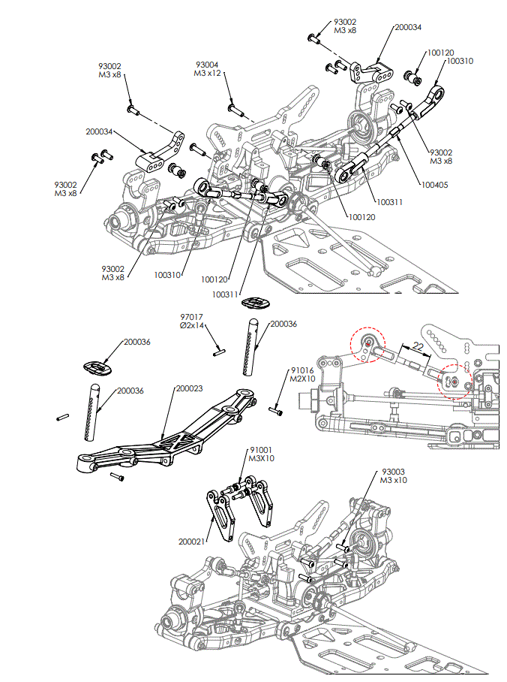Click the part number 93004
(x=208, y=65)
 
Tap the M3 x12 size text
(x=208, y=74)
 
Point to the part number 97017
(x=193, y=318)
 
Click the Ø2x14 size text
(x=193, y=327)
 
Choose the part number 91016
(x=301, y=370)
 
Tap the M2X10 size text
(x=301, y=379)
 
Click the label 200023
(x=188, y=388)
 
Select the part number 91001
(x=260, y=450)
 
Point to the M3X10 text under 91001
(x=260, y=459)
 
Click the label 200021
(x=191, y=541)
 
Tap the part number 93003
(x=394, y=472)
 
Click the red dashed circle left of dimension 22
(x=368, y=344)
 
